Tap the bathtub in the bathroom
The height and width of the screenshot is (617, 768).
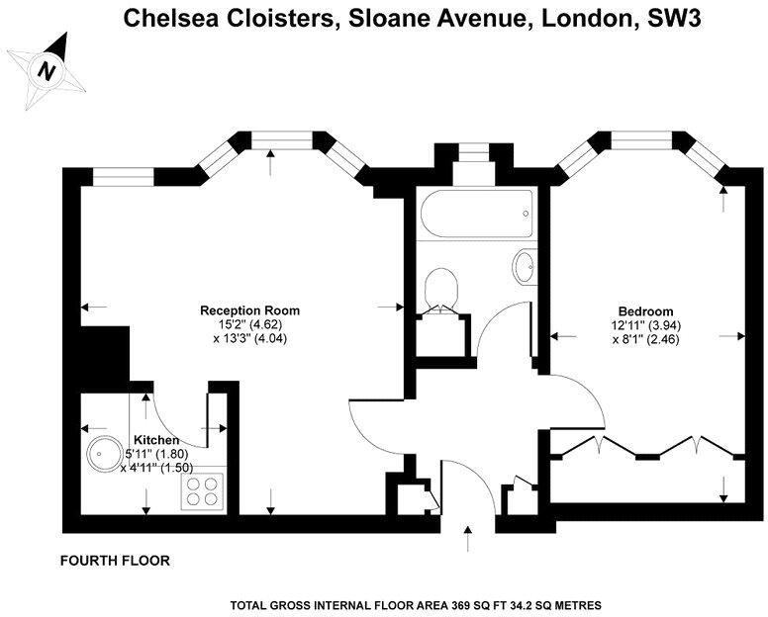coord(476,214)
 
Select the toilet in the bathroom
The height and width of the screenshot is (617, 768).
coord(440,289)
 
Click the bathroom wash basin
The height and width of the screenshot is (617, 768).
coord(523,267)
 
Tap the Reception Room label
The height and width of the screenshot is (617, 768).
coord(249,310)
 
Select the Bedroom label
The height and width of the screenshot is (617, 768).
coord(645,310)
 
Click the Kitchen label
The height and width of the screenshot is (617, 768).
coord(156,440)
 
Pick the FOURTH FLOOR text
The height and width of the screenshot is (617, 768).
coord(115,561)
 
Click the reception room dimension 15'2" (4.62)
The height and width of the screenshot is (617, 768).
coord(249,324)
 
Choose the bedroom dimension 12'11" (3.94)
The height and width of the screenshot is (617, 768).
coord(645,324)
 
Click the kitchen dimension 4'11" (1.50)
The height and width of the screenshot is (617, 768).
coord(156,468)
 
